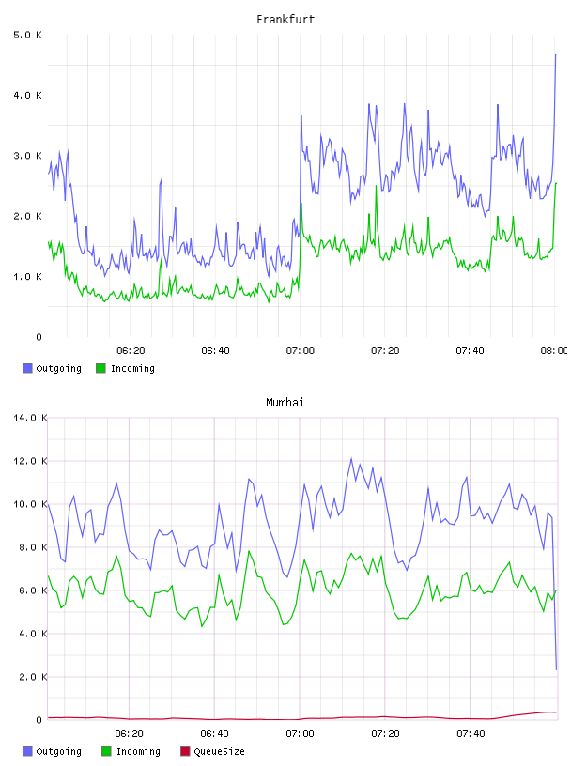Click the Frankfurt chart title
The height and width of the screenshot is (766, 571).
point(285,20)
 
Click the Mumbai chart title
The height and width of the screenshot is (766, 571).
point(285,403)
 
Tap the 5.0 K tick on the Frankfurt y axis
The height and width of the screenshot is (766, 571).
point(27,35)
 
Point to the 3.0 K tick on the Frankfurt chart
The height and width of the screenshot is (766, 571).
point(27,156)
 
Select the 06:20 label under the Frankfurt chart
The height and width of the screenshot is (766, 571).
point(131,350)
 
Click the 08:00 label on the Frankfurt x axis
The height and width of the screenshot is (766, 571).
point(554,350)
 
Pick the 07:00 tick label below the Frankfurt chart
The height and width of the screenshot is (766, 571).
point(301,350)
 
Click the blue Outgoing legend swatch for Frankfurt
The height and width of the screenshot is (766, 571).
point(27,368)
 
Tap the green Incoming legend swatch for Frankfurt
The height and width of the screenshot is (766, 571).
point(100,368)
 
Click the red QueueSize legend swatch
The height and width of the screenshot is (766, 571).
point(185,751)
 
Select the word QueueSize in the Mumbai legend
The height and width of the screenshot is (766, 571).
point(220,751)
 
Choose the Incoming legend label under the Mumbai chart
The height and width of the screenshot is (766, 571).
point(138,751)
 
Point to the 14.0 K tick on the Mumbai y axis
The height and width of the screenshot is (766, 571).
point(30,418)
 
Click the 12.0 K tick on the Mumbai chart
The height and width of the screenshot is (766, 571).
point(30,461)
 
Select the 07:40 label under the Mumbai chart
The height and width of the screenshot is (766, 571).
point(471,733)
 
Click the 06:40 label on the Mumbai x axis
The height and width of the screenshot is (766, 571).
point(215,733)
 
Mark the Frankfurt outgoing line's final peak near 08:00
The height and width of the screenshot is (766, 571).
point(556,54)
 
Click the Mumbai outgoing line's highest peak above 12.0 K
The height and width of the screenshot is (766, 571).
point(351,458)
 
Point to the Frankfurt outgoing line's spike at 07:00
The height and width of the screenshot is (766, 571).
point(301,115)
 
